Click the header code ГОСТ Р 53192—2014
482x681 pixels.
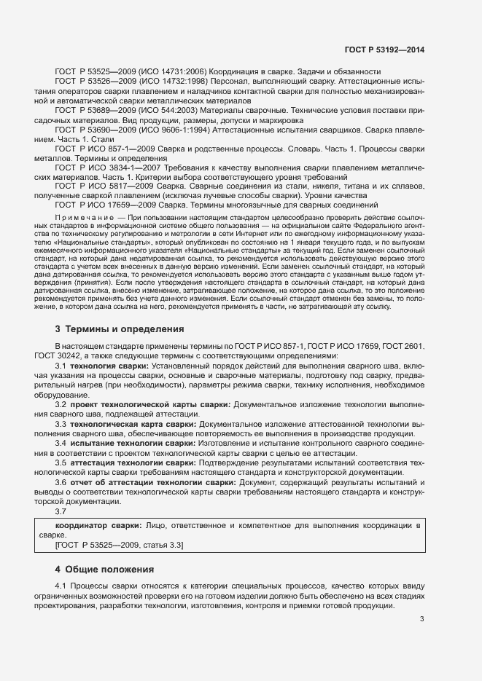[384, 49]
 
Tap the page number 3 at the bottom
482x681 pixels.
[422, 619]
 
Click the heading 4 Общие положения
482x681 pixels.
[105, 569]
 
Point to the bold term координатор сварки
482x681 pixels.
[100, 524]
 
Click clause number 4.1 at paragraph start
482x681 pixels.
[61, 586]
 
